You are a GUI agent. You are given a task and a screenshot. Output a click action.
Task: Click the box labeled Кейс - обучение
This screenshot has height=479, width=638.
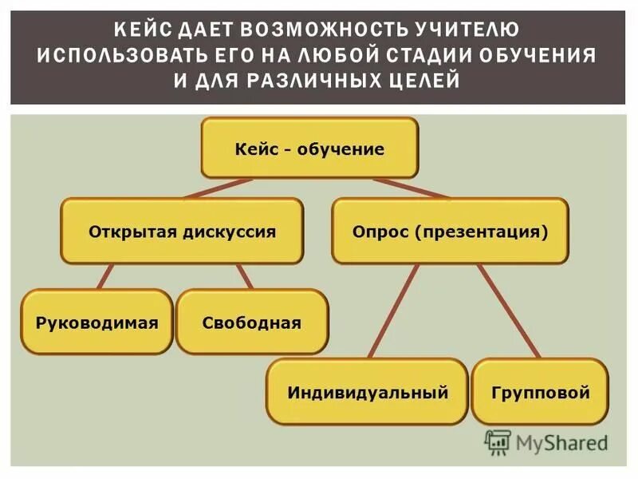(x=309, y=148)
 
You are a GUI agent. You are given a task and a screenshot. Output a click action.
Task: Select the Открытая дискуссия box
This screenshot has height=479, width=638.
(x=182, y=232)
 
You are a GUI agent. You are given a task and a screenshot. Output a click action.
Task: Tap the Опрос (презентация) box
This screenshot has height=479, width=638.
(x=450, y=232)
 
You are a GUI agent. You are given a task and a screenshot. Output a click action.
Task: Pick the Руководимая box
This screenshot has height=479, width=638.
(x=96, y=323)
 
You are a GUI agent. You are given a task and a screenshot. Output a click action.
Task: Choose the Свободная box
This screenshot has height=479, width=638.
(x=251, y=323)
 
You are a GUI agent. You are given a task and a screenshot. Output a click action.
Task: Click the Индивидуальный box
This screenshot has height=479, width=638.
(x=367, y=392)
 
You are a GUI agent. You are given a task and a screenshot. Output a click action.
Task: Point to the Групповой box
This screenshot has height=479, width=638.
(x=540, y=392)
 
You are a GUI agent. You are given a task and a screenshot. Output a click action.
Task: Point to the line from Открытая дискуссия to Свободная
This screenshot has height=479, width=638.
(x=244, y=276)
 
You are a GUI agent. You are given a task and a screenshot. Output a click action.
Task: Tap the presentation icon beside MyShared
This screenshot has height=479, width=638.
(x=498, y=441)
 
